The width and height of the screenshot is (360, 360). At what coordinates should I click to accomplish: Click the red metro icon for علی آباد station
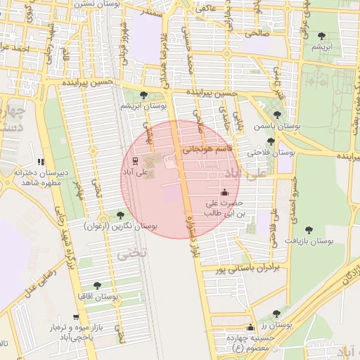click(135, 160)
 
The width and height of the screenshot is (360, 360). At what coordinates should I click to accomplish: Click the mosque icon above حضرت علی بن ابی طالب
click(224, 192)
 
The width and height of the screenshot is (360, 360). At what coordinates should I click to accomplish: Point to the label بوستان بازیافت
click(308, 240)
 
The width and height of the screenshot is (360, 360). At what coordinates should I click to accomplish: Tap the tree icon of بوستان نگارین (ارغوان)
click(120, 214)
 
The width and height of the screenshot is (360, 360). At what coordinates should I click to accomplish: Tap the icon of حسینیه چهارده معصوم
click(250, 328)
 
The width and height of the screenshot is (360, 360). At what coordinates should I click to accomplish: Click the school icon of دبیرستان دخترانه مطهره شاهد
click(40, 162)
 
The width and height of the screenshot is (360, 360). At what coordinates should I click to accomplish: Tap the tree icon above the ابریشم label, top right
click(322, 36)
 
